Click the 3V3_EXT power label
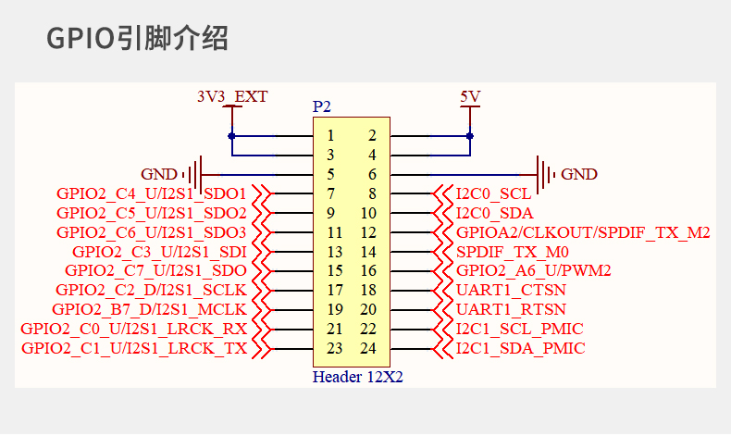coord(232,96)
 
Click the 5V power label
coord(470,96)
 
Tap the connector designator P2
coord(322,106)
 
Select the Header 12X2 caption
coord(357,377)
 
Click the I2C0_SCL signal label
coord(494,194)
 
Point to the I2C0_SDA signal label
coord(495,213)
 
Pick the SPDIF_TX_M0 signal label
coord(513,253)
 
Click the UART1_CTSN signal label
coord(511,290)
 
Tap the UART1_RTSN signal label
coord(511,309)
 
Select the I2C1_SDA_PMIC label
coord(520,348)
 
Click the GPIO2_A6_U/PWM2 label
coord(533,270)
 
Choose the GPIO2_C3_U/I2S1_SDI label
coord(159,253)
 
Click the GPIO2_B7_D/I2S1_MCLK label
coord(149,309)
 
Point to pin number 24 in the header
coord(368,348)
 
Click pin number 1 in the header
coord(330,136)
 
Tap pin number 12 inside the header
coord(368,232)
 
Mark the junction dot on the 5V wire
coord(470,136)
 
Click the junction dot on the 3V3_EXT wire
coord(231,136)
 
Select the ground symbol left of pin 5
coord(196,175)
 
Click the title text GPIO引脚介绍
coord(137,38)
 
